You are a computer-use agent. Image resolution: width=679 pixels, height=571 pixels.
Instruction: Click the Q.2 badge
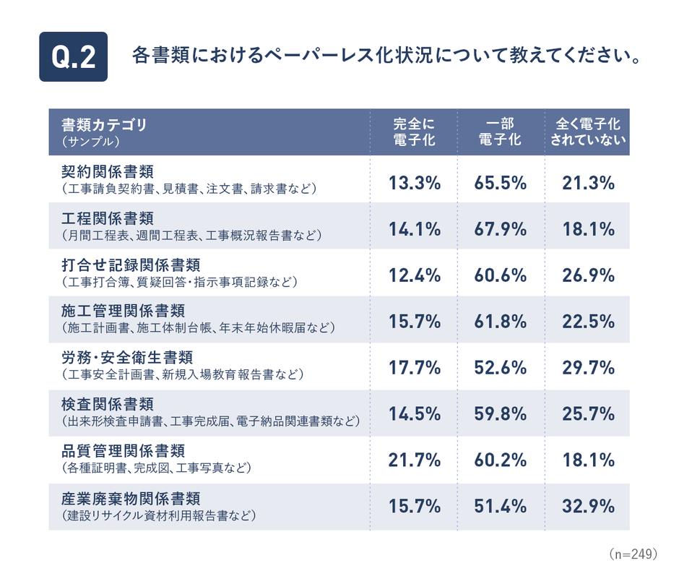pyautogui.click(x=73, y=56)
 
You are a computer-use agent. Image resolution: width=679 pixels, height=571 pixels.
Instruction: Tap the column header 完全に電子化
pyautogui.click(x=414, y=132)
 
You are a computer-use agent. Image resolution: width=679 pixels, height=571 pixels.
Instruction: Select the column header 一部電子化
pyautogui.click(x=500, y=132)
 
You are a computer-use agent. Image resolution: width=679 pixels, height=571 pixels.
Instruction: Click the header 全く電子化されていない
pyautogui.click(x=587, y=132)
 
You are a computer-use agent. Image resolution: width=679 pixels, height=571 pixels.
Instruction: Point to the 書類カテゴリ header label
pyautogui.click(x=104, y=124)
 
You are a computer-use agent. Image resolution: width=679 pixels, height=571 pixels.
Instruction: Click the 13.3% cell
pyautogui.click(x=414, y=184)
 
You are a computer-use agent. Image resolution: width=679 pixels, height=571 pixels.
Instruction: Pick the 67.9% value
pyautogui.click(x=500, y=230)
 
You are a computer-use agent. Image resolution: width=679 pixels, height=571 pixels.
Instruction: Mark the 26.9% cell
pyautogui.click(x=587, y=276)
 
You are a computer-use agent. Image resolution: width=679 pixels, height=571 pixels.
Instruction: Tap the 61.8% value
pyautogui.click(x=500, y=322)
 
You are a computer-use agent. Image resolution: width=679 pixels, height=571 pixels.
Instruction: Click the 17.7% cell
pyautogui.click(x=414, y=369)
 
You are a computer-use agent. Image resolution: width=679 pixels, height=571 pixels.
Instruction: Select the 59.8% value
pyautogui.click(x=500, y=415)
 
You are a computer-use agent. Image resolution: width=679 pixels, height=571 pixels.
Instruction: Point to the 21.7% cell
pyautogui.click(x=414, y=460)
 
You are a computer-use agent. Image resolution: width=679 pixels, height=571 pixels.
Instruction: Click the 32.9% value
pyautogui.click(x=587, y=507)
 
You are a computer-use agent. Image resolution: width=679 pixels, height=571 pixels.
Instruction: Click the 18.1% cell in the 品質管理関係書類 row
pyautogui.click(x=587, y=460)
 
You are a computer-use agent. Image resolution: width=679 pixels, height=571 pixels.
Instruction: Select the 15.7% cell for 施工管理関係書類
pyautogui.click(x=414, y=322)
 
